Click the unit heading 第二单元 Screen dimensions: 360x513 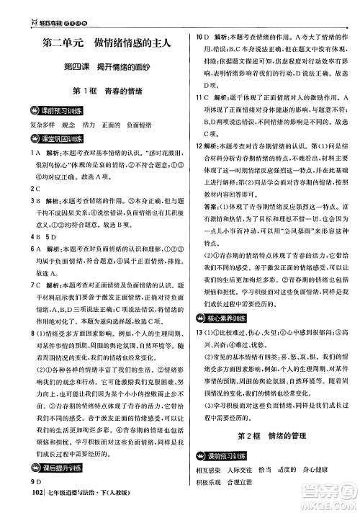[x=63, y=43]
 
